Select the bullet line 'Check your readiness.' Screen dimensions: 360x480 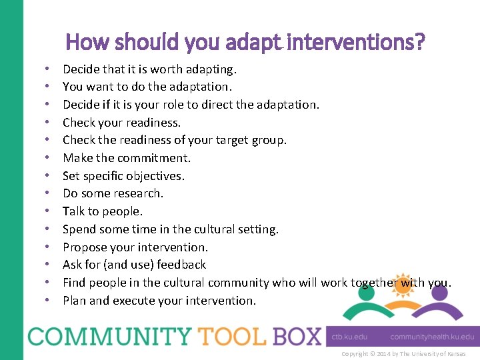[121, 122]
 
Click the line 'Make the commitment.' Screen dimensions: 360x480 [127, 158]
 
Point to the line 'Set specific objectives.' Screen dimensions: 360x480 [123, 176]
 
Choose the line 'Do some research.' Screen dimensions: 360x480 [113, 193]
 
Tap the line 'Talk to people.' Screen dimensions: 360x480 [103, 211]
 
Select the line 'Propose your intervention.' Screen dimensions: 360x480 [135, 247]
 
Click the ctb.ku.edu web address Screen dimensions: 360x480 [349, 337]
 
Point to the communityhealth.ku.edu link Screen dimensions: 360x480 [432, 337]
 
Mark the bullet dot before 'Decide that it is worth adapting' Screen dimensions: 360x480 [49, 69]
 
